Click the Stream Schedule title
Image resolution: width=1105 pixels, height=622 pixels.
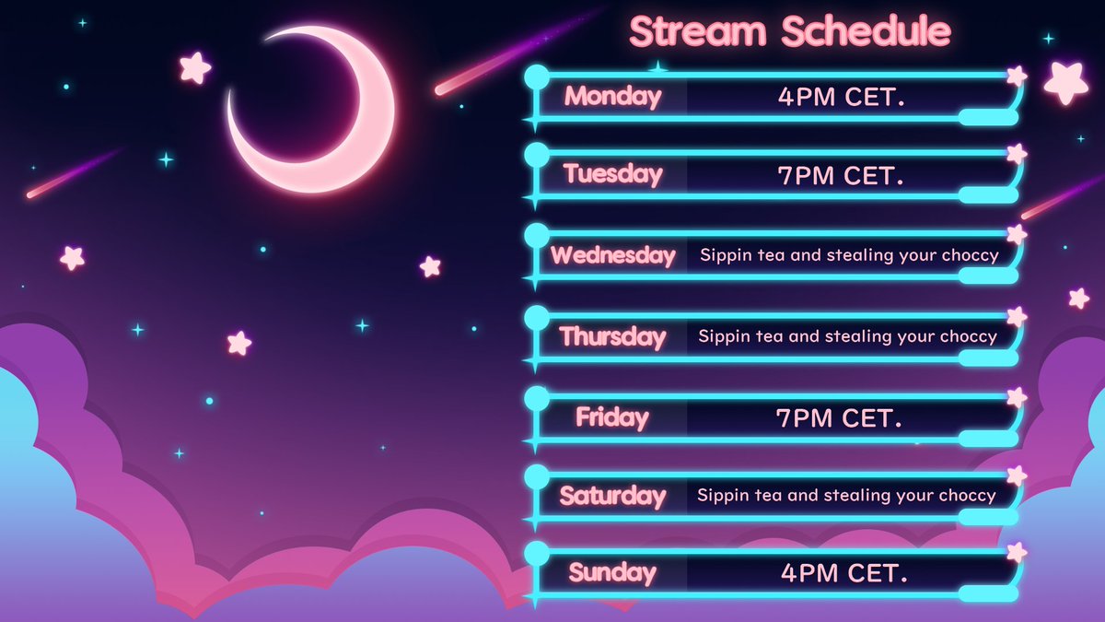pyautogui.click(x=790, y=31)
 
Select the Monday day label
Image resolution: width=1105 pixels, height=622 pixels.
pyautogui.click(x=612, y=96)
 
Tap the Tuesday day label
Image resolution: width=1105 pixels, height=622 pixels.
pyautogui.click(x=612, y=173)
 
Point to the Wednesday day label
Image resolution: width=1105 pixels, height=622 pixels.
pyautogui.click(x=612, y=255)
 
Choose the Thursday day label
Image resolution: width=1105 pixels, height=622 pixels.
pyautogui.click(x=612, y=336)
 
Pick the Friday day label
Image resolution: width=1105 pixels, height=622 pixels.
pyautogui.click(x=612, y=417)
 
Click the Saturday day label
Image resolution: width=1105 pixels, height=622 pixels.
pyautogui.click(x=612, y=496)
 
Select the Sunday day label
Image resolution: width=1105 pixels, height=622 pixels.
pyautogui.click(x=612, y=573)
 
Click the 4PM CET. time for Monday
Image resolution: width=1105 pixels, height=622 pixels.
pyautogui.click(x=841, y=97)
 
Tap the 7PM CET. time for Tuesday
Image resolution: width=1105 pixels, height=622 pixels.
pyautogui.click(x=841, y=175)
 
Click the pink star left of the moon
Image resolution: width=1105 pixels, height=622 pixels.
pyautogui.click(x=195, y=67)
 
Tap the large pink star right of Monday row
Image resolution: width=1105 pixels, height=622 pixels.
pyautogui.click(x=1065, y=83)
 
